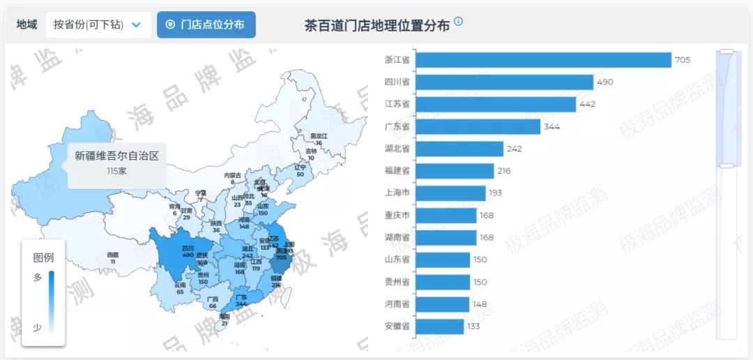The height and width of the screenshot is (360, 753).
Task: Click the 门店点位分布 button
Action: tap(206, 24)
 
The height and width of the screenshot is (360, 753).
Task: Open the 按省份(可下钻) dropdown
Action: tap(98, 24)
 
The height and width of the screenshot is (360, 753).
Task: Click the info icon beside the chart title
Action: tap(458, 22)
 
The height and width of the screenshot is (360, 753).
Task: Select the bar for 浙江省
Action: tap(542, 60)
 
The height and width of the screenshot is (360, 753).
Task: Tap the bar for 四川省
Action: tap(503, 82)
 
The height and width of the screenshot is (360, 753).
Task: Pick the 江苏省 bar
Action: tap(495, 104)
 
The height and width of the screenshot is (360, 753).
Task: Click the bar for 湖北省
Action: tap(459, 149)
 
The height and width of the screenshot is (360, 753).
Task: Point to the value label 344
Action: tap(552, 126)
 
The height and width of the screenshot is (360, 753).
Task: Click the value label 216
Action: tap(504, 171)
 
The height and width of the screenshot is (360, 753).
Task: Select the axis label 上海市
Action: tap(397, 193)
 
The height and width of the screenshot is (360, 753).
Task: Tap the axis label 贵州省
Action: tap(397, 282)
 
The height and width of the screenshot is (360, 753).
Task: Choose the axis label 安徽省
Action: tap(397, 326)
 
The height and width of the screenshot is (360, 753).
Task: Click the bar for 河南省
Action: tap(441, 304)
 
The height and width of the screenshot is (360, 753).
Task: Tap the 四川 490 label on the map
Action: tap(188, 251)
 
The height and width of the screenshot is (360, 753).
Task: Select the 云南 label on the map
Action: tap(180, 285)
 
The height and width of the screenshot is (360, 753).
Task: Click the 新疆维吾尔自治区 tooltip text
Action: tap(116, 156)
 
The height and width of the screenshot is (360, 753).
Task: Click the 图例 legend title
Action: tap(43, 257)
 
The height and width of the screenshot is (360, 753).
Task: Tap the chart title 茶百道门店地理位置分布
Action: tap(376, 26)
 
